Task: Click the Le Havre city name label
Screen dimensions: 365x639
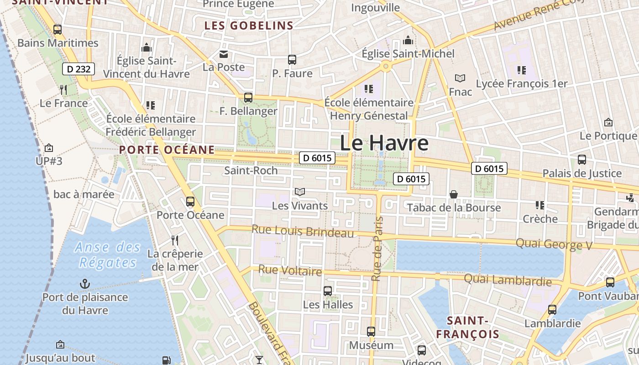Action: (384, 143)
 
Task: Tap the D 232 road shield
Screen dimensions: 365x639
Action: (79, 69)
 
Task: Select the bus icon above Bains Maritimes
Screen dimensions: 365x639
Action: (58, 30)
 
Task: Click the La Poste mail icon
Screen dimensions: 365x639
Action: (224, 54)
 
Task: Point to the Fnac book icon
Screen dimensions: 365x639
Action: (460, 78)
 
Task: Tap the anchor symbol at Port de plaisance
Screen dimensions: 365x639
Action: (85, 284)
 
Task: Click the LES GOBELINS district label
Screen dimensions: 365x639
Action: (249, 26)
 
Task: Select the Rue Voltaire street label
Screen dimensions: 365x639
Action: (290, 271)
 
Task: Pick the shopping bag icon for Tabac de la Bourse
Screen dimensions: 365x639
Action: (454, 195)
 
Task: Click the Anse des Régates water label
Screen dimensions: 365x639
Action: (108, 255)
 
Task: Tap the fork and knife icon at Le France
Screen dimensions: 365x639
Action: (63, 89)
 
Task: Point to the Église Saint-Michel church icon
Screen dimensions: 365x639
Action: (408, 41)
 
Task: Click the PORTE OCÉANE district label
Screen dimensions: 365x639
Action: (167, 150)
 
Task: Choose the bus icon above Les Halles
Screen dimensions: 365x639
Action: (328, 291)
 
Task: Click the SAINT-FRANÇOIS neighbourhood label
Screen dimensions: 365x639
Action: (467, 328)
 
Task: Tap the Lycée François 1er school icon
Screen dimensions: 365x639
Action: (521, 70)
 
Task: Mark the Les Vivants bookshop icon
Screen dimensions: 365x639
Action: (300, 192)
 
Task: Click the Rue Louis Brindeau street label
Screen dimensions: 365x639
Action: (303, 231)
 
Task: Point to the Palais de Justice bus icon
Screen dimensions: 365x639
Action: (582, 160)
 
